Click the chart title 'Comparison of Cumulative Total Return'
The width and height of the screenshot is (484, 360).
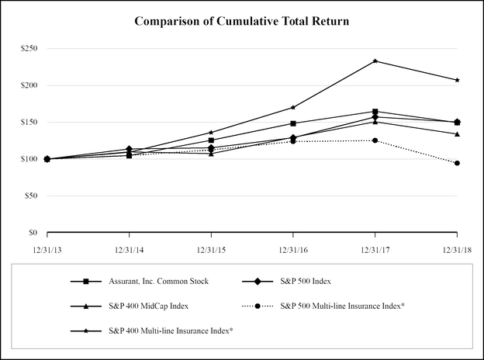[241, 21]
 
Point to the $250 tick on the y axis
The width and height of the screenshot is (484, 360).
[28, 48]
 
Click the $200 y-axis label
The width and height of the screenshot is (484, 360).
[28, 85]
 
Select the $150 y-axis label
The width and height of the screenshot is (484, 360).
[28, 122]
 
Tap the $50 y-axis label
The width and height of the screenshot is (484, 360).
[29, 196]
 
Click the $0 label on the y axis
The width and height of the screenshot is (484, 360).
[32, 233]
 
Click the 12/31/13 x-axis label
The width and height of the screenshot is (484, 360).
[47, 249]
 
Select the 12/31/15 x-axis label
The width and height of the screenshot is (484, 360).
[211, 249]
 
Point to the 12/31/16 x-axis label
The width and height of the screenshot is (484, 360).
[293, 249]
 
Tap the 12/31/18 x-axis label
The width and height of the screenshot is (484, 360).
[456, 249]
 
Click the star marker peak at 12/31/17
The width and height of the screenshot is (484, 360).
[375, 61]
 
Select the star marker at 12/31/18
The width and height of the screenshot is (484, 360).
[457, 80]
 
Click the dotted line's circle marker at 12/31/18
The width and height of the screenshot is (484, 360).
[457, 163]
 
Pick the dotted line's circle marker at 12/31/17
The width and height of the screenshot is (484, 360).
[375, 140]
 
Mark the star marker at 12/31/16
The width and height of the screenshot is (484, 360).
[293, 107]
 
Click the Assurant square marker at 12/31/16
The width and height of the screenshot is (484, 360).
[293, 123]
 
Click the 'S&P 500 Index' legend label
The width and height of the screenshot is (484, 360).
[310, 281]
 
